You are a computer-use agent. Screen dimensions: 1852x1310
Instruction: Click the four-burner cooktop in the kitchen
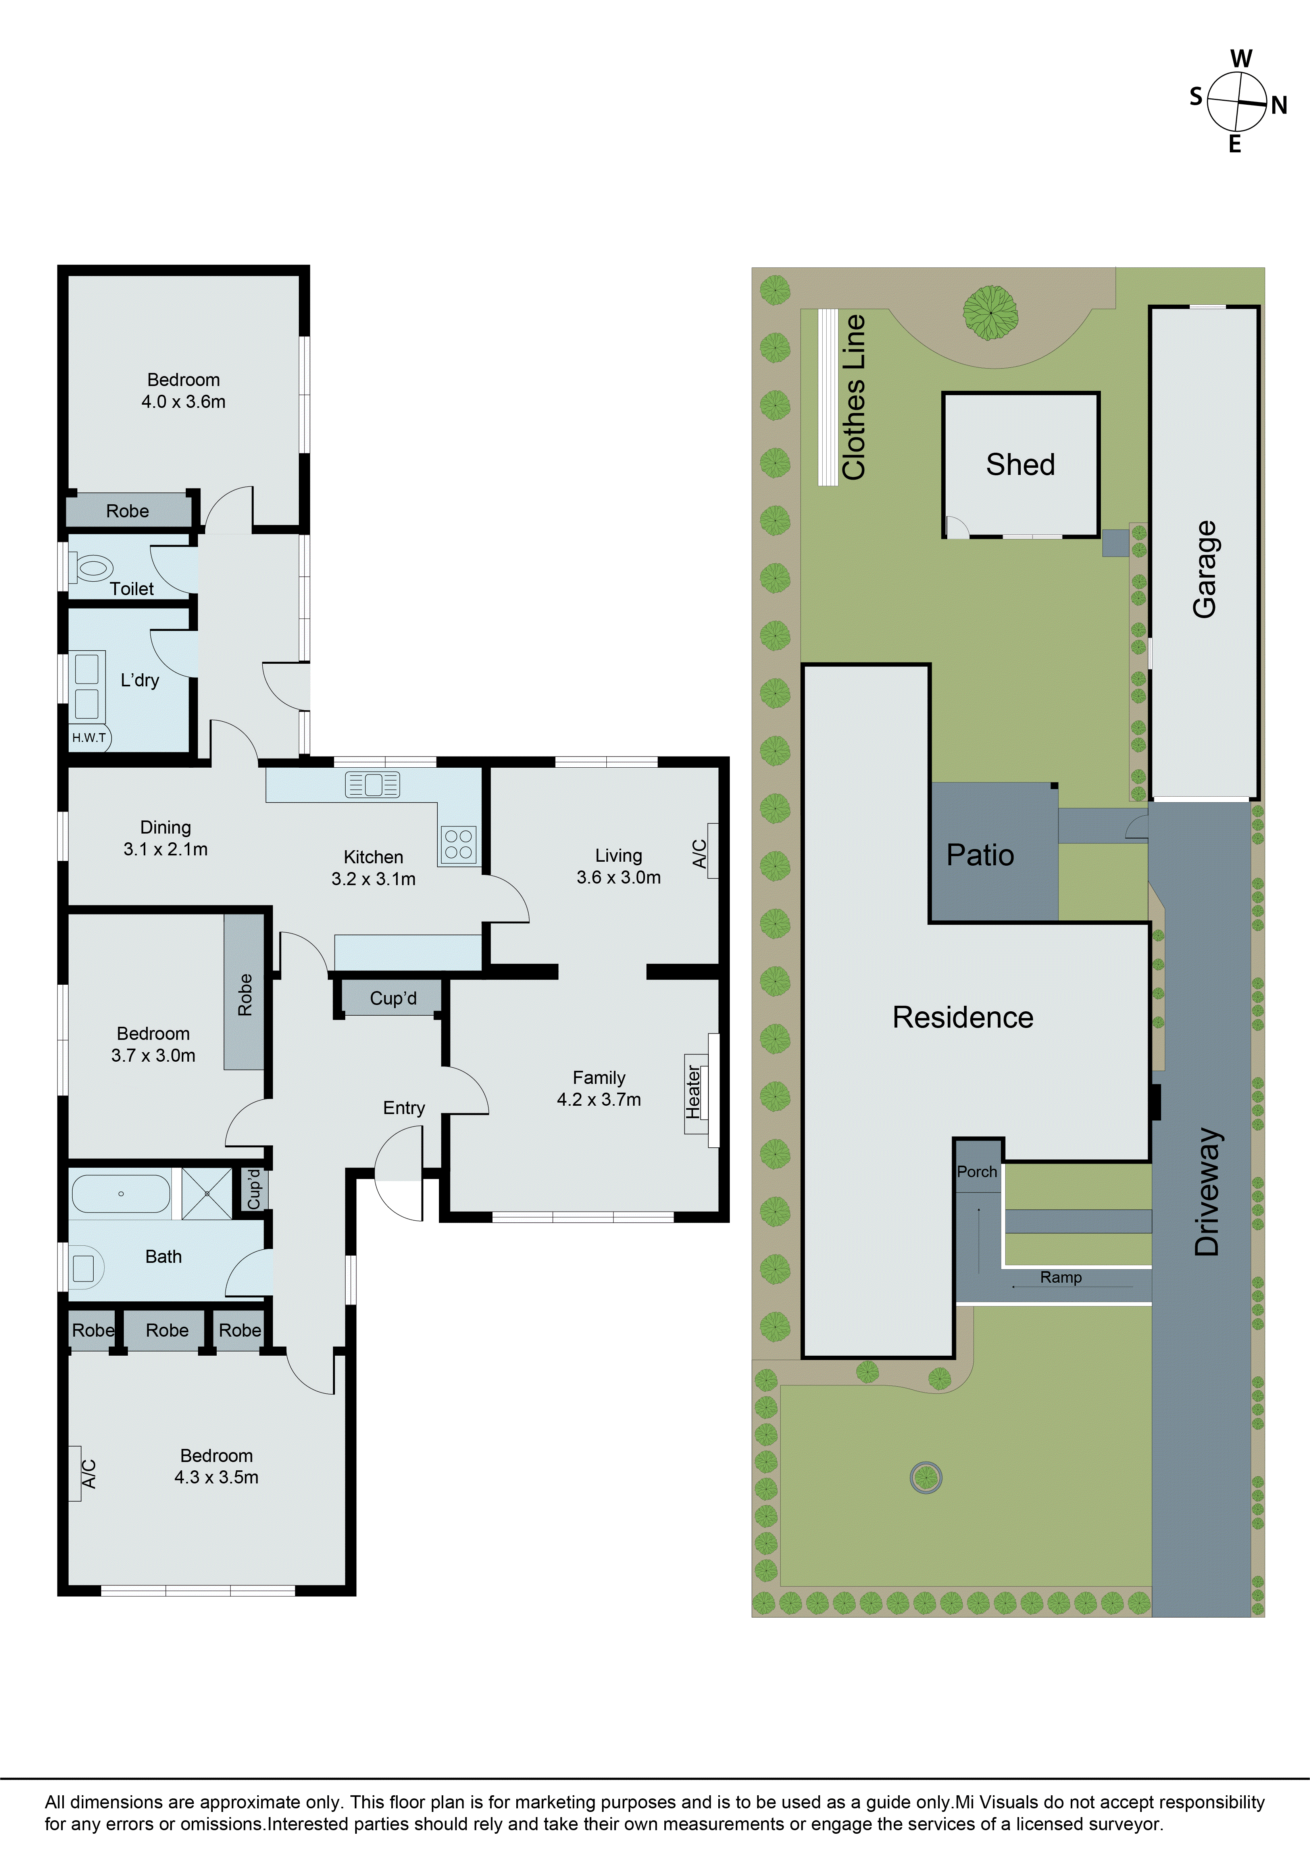[458, 845]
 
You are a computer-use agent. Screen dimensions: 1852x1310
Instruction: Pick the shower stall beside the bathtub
[206, 1193]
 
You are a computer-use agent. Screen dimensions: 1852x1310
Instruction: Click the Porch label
[977, 1172]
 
